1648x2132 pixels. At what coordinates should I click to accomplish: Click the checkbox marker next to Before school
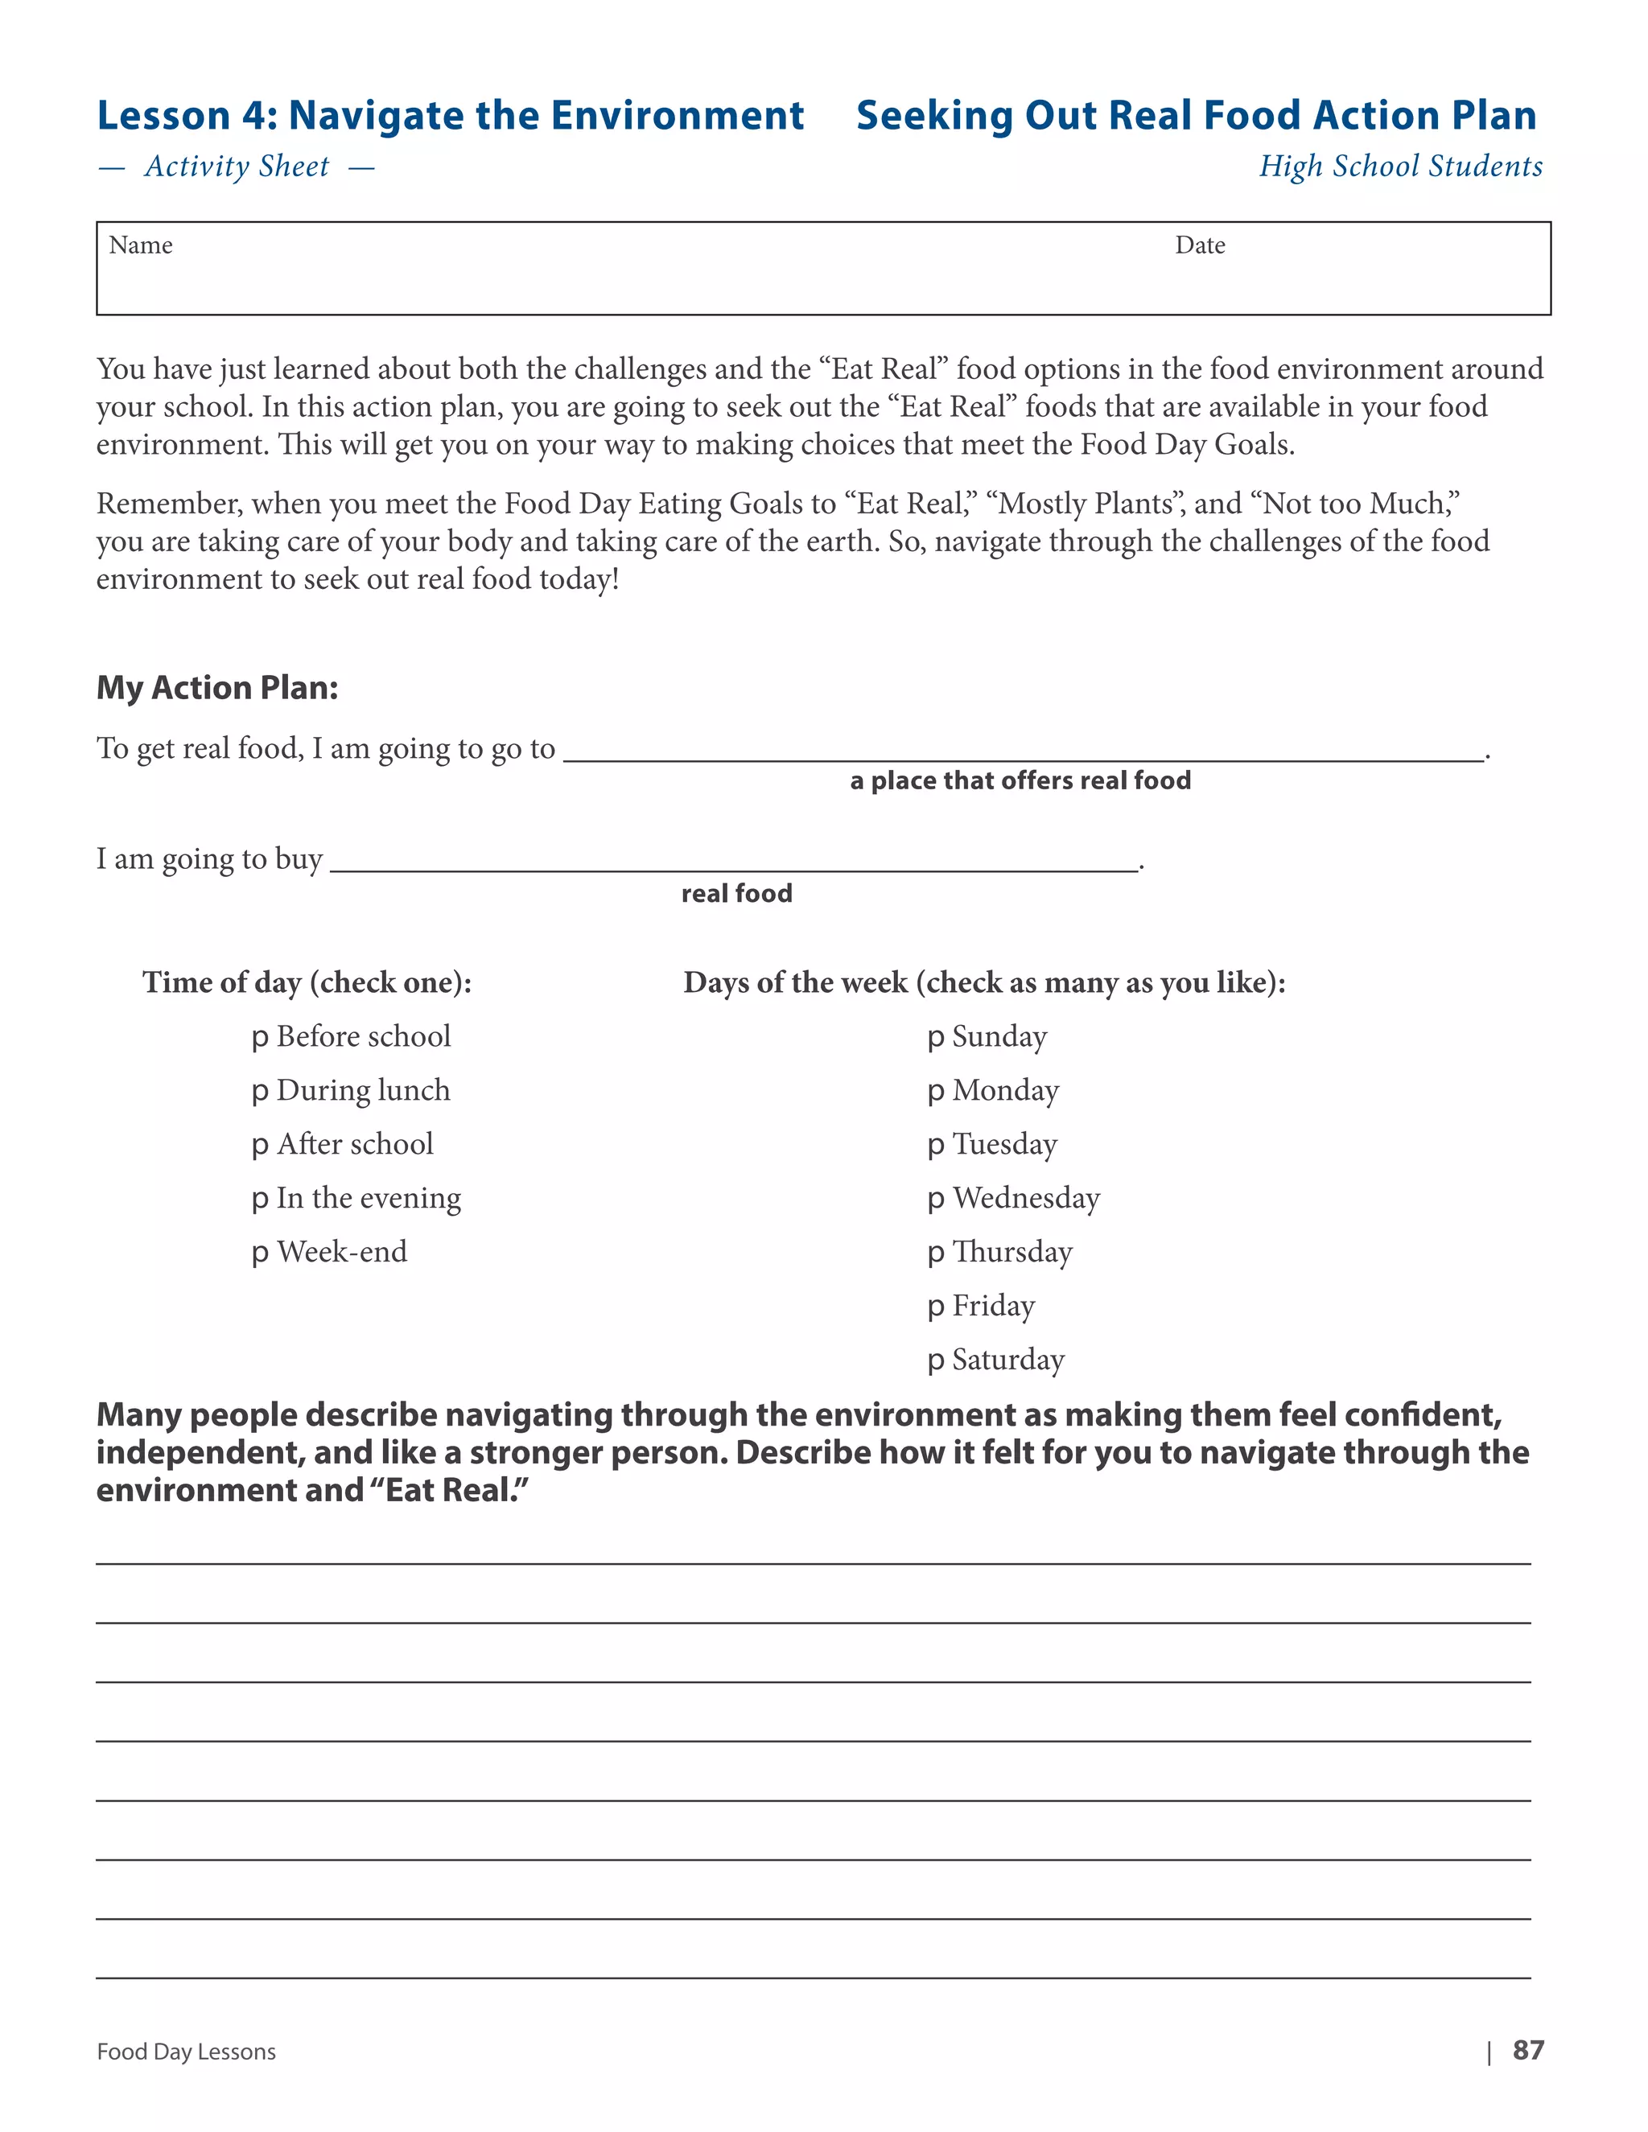pyautogui.click(x=259, y=1039)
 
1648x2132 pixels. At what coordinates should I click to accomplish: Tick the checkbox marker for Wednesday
pyautogui.click(x=935, y=1200)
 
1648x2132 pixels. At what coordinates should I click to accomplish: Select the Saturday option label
pyautogui.click(x=1007, y=1359)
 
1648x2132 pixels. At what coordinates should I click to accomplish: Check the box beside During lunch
pyautogui.click(x=259, y=1093)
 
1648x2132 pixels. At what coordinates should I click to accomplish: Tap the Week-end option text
pyautogui.click(x=342, y=1252)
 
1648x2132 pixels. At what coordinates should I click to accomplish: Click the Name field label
pyautogui.click(x=141, y=245)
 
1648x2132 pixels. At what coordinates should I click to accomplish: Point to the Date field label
pyautogui.click(x=1199, y=245)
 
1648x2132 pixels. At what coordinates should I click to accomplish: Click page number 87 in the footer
pyautogui.click(x=1528, y=2050)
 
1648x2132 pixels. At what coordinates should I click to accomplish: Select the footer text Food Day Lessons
pyautogui.click(x=187, y=2052)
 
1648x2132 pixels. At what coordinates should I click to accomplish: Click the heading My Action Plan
pyautogui.click(x=216, y=688)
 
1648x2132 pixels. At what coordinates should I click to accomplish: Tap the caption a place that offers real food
pyautogui.click(x=1020, y=781)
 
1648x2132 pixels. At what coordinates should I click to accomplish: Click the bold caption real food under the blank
pyautogui.click(x=736, y=893)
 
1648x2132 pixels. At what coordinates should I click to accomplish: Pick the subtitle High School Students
pyautogui.click(x=1400, y=166)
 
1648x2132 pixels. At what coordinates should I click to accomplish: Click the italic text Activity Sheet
pyautogui.click(x=237, y=167)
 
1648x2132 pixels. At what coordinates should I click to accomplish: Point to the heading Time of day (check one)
pyautogui.click(x=307, y=982)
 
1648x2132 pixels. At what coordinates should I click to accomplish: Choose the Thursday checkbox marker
pyautogui.click(x=935, y=1253)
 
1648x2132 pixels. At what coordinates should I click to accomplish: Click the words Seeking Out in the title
pyautogui.click(x=976, y=115)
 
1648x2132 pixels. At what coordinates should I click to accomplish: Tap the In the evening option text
pyautogui.click(x=368, y=1198)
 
